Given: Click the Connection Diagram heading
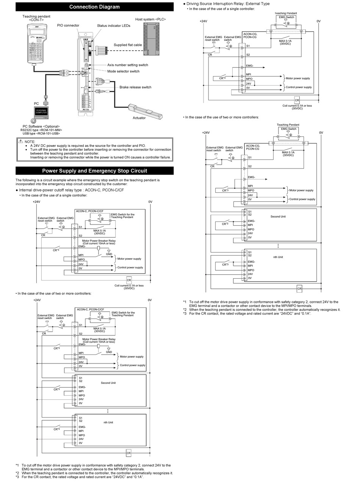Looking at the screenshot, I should pos(94,7).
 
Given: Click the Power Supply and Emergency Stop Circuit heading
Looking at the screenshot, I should pos(94,171).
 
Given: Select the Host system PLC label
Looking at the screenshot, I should pos(150,19).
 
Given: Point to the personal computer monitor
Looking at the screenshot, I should pos(41,112).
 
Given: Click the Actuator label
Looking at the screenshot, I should pos(139,118).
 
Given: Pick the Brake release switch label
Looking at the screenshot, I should pos(135,87).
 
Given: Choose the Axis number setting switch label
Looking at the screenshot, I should pos(127,65).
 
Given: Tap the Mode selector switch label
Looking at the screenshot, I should pos(123,71).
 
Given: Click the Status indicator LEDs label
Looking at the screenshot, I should pos(113,26).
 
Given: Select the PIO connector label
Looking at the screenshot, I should pos(68,25).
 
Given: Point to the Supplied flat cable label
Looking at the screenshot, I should pos(128,45).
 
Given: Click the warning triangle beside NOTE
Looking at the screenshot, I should pos(20,141).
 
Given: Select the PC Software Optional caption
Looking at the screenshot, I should pos(41,126).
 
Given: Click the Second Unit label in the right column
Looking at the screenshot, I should pos(278,217).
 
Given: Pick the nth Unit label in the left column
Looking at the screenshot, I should pos(108,422).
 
